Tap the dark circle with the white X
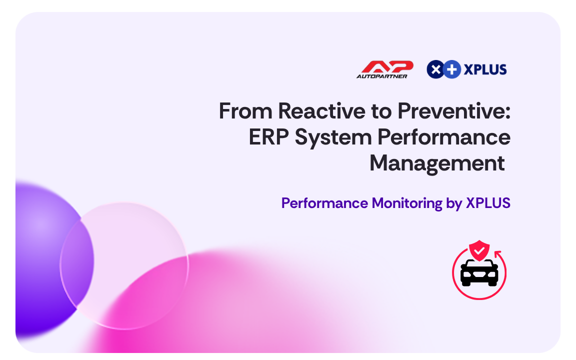pos(435,69)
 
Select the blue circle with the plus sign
pos(452,69)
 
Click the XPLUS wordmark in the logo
pos(485,69)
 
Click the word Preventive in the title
pos(454,111)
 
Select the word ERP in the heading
pos(269,137)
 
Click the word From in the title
pos(245,111)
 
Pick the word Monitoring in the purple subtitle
pos(407,203)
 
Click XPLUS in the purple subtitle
pos(488,203)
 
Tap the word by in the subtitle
pos(454,204)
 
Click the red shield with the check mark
pos(479,250)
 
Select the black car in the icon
pos(479,272)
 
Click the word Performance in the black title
pos(444,137)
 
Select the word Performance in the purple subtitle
pos(324,203)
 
